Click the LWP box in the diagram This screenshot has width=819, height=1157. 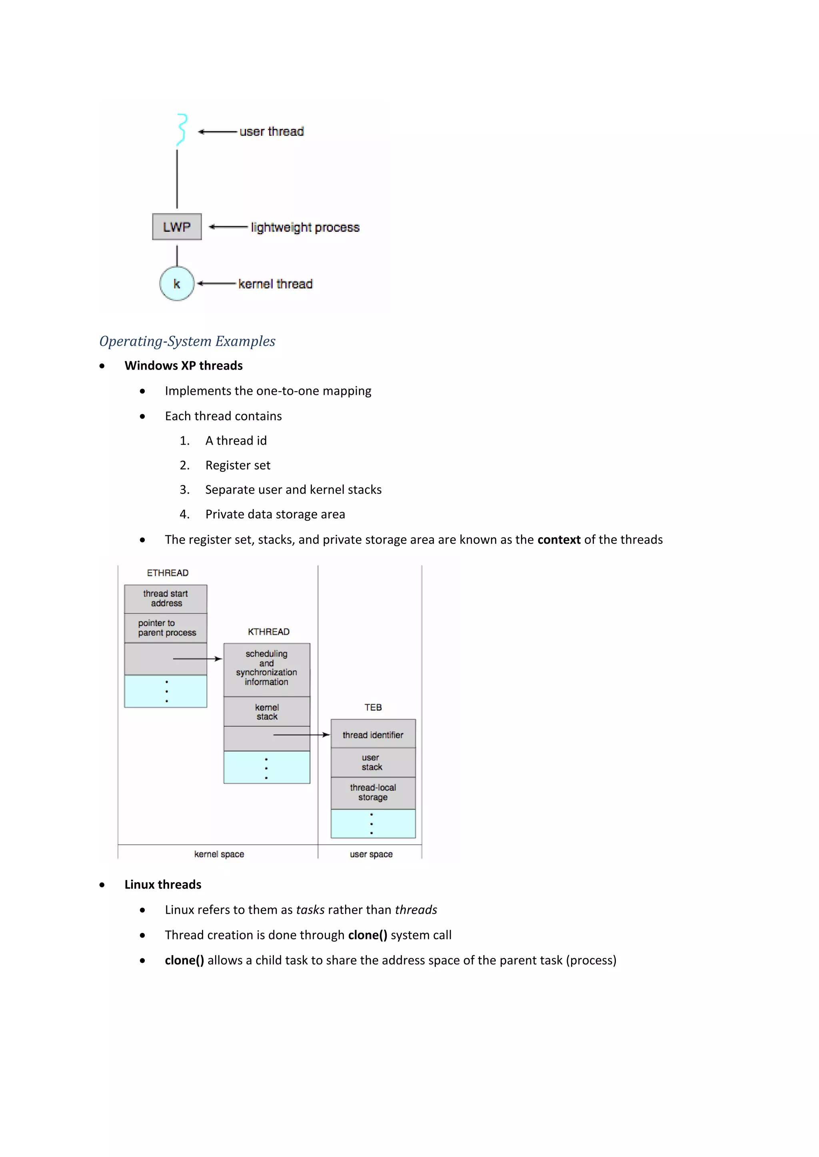coord(176,227)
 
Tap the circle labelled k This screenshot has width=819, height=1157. coord(176,284)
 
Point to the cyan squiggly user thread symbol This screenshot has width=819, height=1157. coord(182,129)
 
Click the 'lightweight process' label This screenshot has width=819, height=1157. coord(305,227)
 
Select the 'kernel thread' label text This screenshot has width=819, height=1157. coord(276,284)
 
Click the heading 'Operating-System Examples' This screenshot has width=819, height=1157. coord(187,341)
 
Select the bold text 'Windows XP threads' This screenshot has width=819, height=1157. coord(184,366)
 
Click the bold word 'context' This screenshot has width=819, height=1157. coord(559,540)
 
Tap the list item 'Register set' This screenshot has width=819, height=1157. coord(238,465)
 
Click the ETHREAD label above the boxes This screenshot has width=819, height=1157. coord(168,573)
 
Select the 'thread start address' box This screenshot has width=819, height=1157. coord(166,598)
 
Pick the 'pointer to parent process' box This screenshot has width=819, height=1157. coord(166,628)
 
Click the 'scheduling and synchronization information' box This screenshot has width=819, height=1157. coord(266,668)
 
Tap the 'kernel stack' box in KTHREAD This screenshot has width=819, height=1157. coord(266,712)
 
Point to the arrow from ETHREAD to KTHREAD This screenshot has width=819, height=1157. coord(197,659)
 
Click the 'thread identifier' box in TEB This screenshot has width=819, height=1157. coord(373,735)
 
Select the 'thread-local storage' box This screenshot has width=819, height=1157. coord(373,793)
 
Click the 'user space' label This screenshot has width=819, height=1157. coord(371,854)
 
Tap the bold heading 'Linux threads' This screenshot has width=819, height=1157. coord(163,885)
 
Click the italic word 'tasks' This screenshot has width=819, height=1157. coord(310,910)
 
